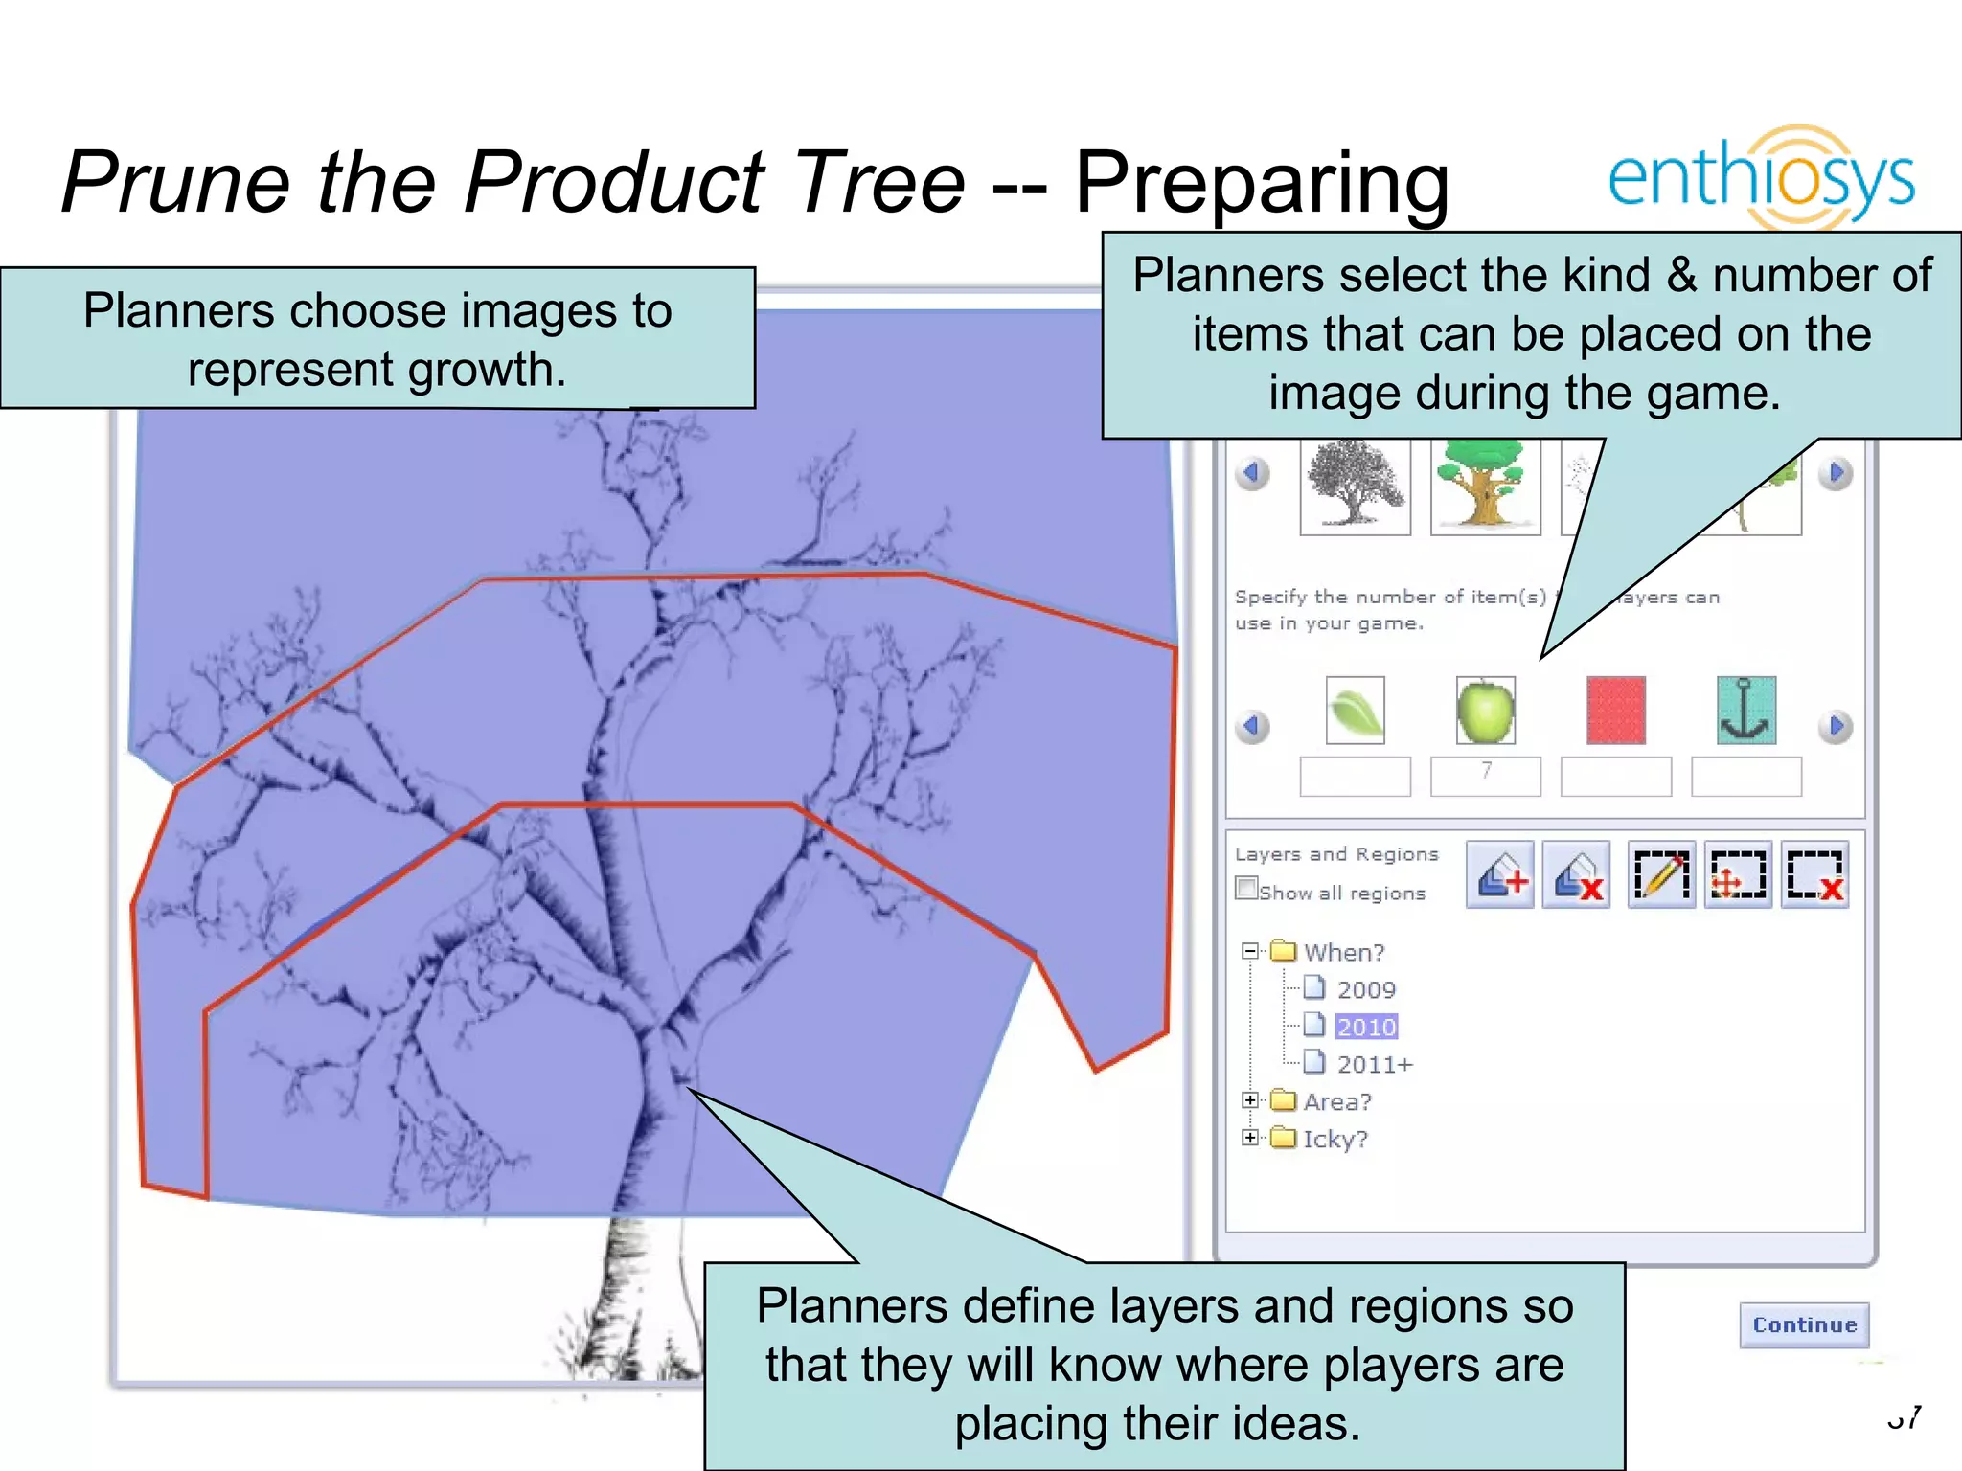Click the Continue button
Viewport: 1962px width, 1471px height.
(1804, 1324)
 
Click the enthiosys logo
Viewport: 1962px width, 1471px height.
(1761, 178)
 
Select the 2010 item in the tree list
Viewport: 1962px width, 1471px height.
(1366, 1027)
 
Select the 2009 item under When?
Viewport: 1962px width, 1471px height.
(1365, 989)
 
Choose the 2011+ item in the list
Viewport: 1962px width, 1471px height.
(1374, 1064)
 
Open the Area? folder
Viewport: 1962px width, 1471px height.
(1336, 1101)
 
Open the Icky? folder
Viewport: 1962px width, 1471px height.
(1335, 1139)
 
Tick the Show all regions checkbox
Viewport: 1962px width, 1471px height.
(1246, 889)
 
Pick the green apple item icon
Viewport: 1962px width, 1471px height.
(1485, 711)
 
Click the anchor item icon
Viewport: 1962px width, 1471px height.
(1745, 711)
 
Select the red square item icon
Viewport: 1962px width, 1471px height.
(1615, 711)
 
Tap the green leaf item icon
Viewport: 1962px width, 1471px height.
(1355, 711)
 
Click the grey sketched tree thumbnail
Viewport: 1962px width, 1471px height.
(1355, 484)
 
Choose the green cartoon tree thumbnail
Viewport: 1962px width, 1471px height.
(1485, 484)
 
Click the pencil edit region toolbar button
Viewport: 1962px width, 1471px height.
(1661, 874)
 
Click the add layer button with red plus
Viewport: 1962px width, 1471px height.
(1500, 874)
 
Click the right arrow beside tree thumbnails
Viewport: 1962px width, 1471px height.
(1835, 473)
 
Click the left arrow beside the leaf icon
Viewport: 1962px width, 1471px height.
(1251, 726)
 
